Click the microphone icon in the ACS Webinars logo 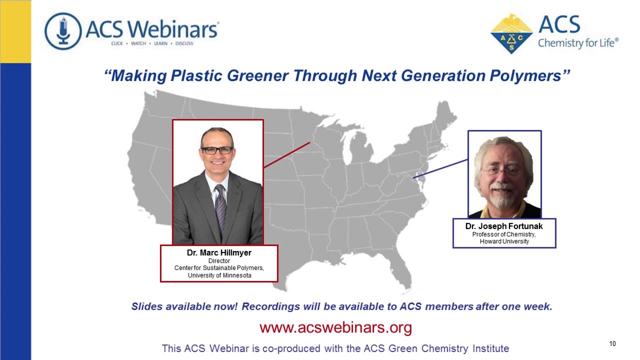(x=63, y=31)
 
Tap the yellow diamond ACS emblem (x=510, y=34)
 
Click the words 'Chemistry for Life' (x=578, y=43)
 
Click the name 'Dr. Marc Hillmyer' (x=219, y=253)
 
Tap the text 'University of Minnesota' (x=219, y=275)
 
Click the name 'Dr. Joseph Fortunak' (x=504, y=226)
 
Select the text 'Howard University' (x=504, y=241)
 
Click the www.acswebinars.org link (x=335, y=328)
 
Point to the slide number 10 (x=612, y=343)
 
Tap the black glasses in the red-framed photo (x=217, y=150)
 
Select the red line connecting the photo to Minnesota (x=286, y=155)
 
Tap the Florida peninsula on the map (x=402, y=272)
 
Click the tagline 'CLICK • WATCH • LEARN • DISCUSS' (x=152, y=43)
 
